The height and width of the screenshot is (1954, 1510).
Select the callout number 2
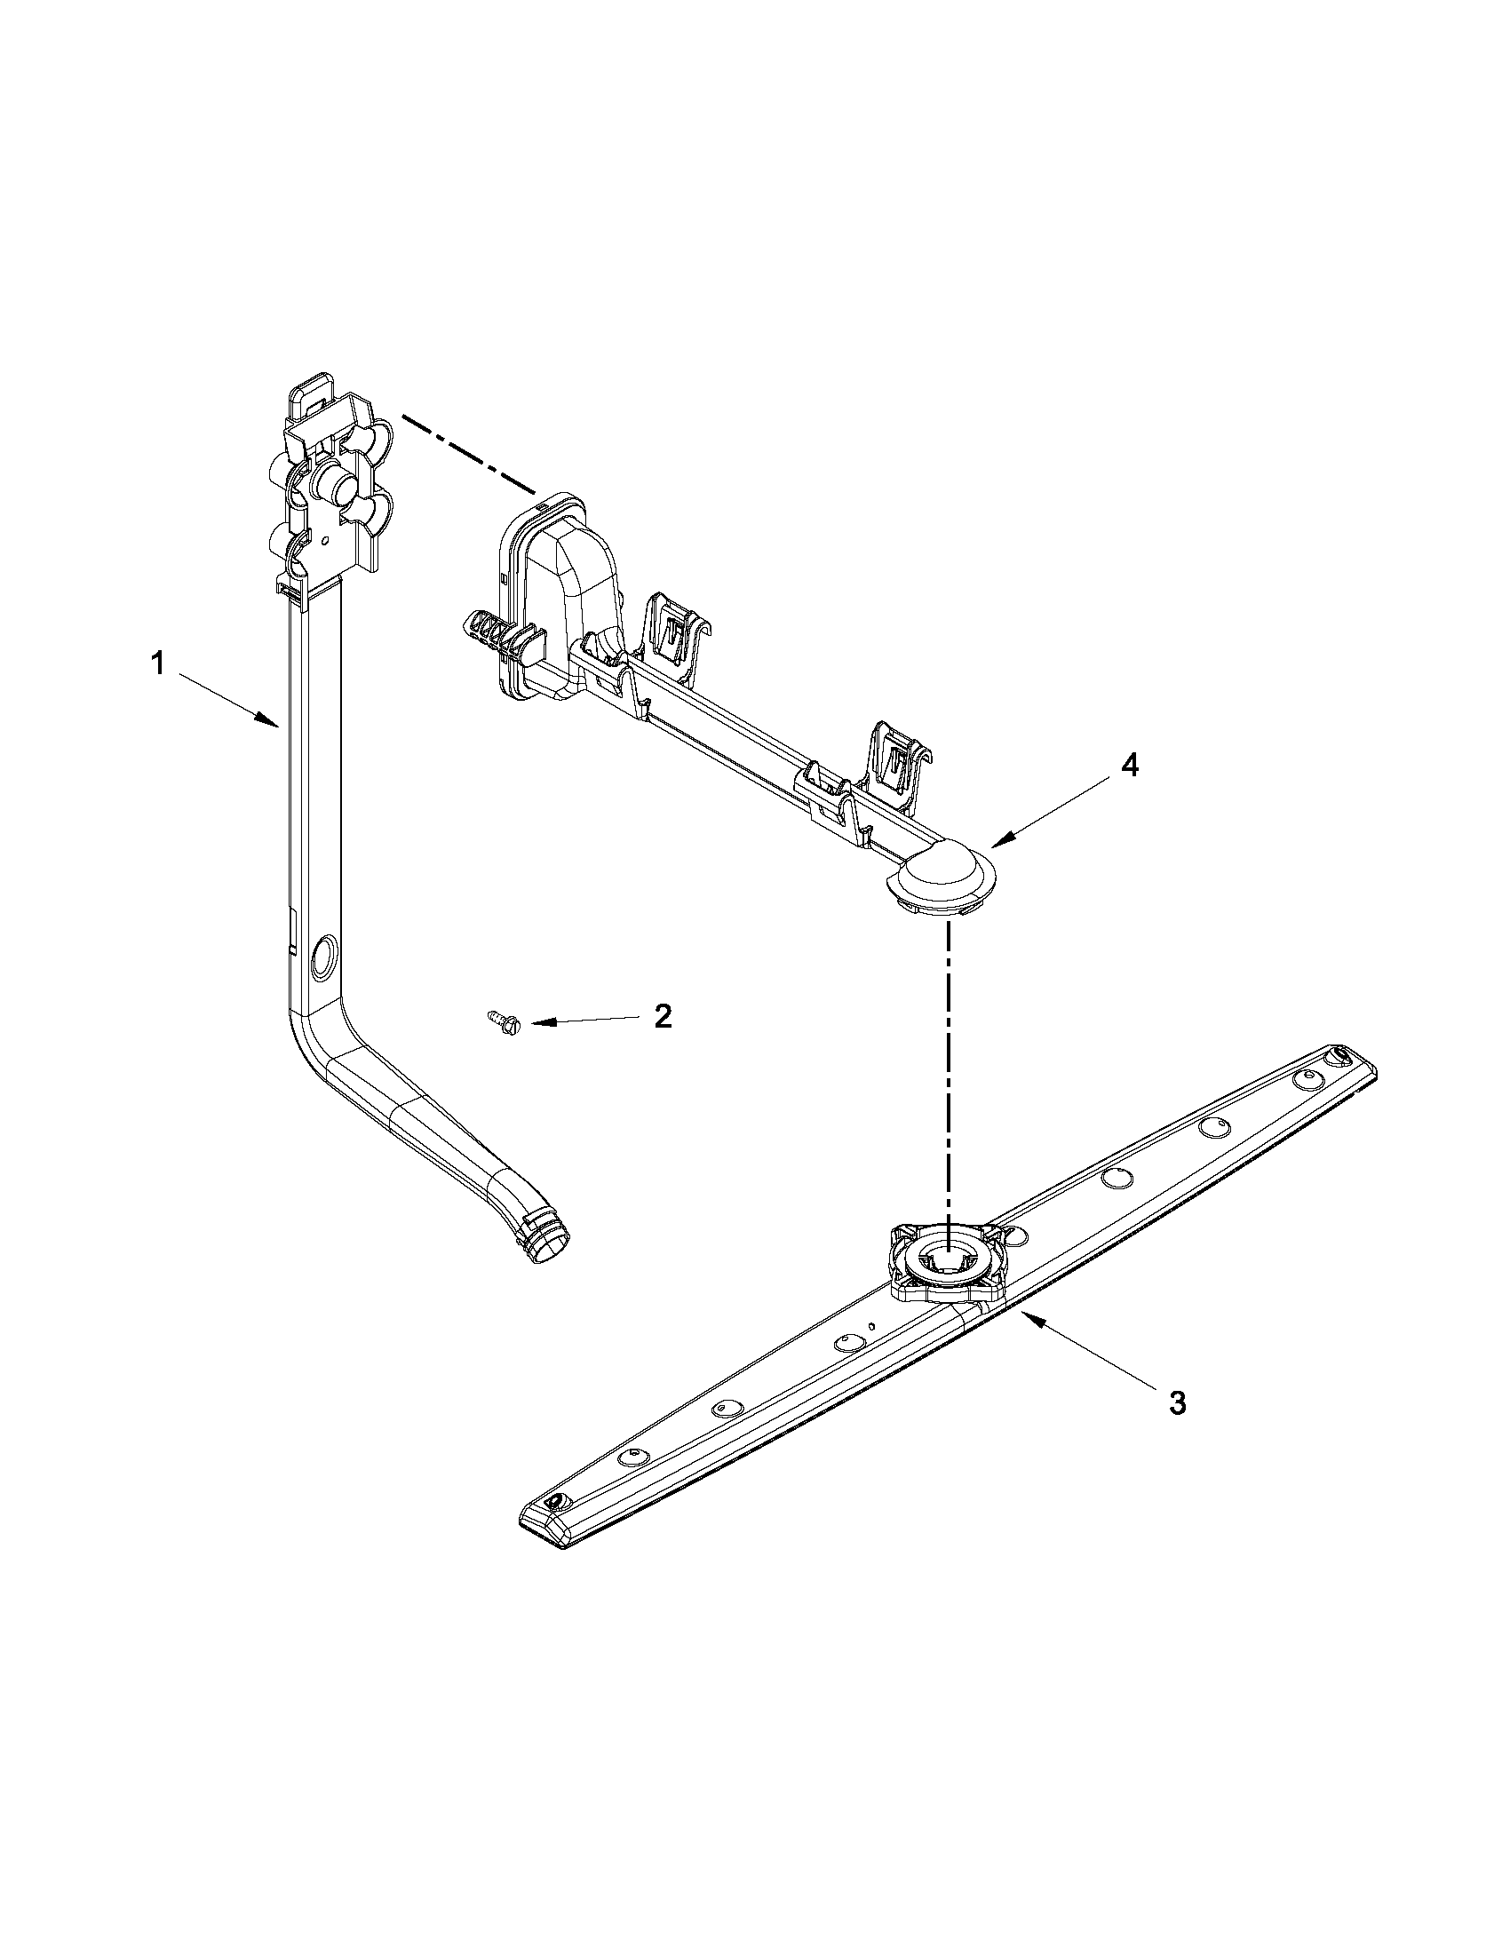(x=662, y=1015)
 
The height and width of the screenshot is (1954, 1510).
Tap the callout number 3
(x=1178, y=1402)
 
